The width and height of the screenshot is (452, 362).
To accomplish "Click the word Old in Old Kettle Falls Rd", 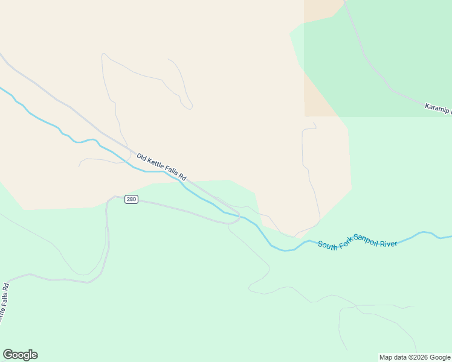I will pos(142,158).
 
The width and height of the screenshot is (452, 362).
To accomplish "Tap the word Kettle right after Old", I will pos(154,165).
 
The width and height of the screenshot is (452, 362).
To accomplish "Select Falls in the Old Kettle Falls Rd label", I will pos(169,173).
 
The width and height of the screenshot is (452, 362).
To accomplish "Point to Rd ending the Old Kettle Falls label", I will pos(182,179).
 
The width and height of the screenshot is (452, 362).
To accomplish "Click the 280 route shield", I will pos(131,199).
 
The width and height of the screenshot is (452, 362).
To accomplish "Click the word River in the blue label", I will pos(389,243).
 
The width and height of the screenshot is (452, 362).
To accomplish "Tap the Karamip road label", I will pos(437,109).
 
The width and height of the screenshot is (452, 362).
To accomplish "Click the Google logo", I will pos(20,355).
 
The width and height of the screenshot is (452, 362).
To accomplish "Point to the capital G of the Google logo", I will pos(7,355).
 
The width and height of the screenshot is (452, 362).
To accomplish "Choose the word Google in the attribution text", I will pos(440,357).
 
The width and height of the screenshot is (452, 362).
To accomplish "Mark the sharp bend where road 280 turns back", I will pos(238,219).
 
